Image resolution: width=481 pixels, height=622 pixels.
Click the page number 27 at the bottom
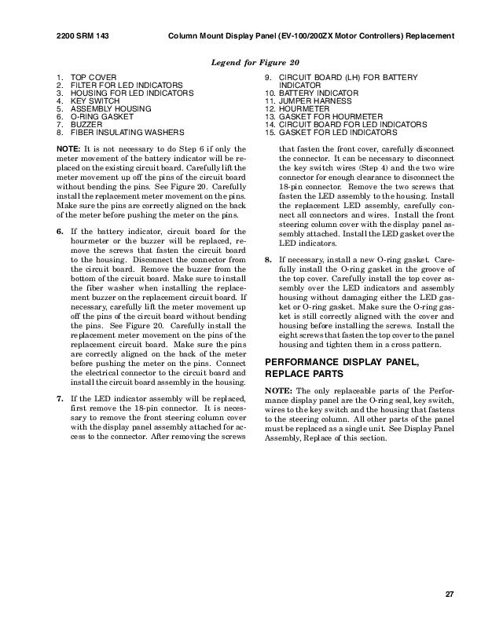tap(450, 594)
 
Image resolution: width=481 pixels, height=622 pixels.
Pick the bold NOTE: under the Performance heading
tap(278, 391)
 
